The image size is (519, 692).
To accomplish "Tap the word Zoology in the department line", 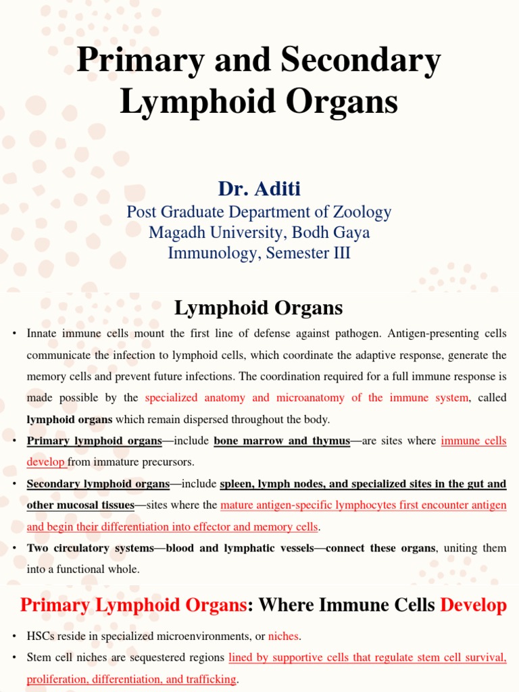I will [x=357, y=212].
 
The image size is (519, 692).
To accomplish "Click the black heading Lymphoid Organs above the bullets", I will [x=259, y=308].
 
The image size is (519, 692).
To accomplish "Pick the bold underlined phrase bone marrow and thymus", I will [x=282, y=441].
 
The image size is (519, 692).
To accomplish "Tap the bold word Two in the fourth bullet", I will [x=38, y=548].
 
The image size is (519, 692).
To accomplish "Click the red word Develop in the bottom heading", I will [x=473, y=605].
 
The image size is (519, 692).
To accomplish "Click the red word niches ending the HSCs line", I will [x=282, y=636].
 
